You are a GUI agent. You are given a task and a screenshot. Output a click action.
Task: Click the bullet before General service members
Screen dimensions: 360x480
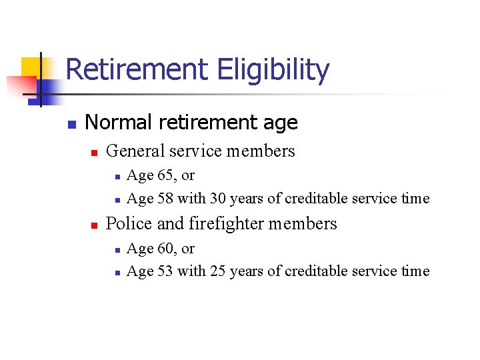coord(94,153)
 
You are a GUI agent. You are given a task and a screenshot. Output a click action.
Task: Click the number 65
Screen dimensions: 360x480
coord(167,175)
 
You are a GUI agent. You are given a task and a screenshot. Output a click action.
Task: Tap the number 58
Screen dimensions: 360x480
coord(166,198)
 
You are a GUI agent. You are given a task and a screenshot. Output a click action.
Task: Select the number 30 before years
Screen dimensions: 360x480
coord(218,198)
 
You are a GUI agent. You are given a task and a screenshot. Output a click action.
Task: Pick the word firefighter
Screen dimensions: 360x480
coord(227,223)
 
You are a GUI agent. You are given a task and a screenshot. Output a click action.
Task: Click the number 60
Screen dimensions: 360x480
coord(167,249)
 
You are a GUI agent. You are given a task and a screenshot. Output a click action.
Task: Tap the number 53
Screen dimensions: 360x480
coord(166,271)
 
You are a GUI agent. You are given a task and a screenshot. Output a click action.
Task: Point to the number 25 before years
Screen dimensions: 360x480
coord(218,271)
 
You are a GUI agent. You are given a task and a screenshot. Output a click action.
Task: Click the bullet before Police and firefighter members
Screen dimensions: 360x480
coord(94,225)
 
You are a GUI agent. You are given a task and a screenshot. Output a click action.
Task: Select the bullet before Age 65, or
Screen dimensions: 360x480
coord(117,177)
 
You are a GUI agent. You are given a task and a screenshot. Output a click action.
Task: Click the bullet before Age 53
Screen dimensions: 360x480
coord(117,273)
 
